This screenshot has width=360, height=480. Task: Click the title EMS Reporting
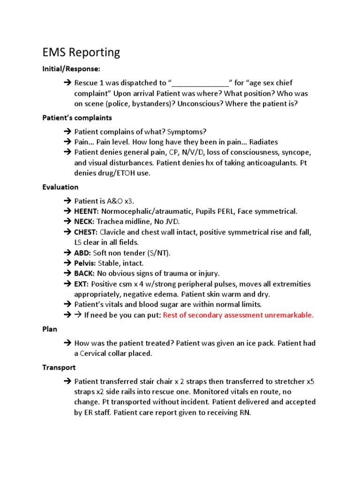coord(81,52)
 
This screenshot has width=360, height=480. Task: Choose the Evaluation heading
coord(60,187)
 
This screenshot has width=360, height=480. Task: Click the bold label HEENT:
coord(87,211)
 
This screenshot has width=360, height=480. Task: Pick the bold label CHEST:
coord(86,232)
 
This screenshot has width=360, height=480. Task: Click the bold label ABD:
coord(82,253)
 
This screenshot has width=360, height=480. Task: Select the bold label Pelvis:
coord(85,263)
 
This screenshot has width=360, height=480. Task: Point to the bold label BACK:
coord(84,273)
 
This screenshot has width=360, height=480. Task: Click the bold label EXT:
coord(82,284)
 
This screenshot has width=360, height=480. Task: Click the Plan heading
coord(50,329)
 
